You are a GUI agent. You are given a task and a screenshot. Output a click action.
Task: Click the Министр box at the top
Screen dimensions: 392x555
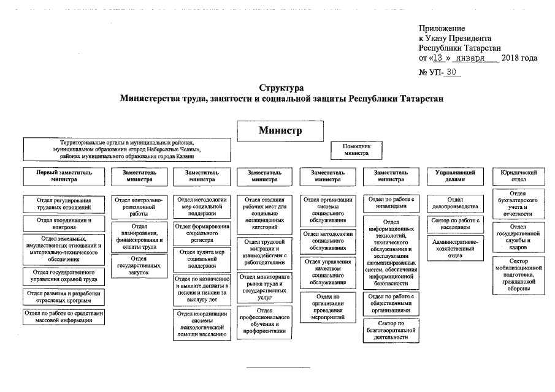point(280,130)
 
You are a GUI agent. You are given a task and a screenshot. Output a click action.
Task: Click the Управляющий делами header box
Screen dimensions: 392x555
point(455,176)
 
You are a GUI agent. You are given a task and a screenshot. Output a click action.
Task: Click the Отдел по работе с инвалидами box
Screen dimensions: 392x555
point(391,203)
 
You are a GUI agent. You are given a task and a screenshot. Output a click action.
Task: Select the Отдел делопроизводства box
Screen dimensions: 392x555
point(455,203)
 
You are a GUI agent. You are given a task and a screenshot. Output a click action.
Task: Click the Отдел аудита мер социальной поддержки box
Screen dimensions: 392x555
point(203,258)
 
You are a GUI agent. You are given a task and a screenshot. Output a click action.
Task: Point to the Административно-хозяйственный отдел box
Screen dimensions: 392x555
point(455,249)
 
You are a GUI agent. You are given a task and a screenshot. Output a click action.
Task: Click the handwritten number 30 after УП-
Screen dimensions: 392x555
point(452,72)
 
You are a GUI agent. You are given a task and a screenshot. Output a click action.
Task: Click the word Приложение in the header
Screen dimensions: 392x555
point(442,28)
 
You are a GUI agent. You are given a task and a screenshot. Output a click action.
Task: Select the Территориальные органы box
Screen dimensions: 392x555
point(127,149)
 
